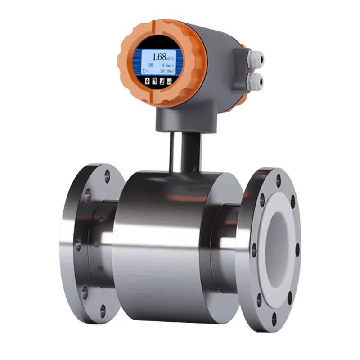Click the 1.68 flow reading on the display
click(159, 57)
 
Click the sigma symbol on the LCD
click(144, 71)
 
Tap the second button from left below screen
click(154, 81)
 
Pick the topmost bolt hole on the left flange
click(107, 176)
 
